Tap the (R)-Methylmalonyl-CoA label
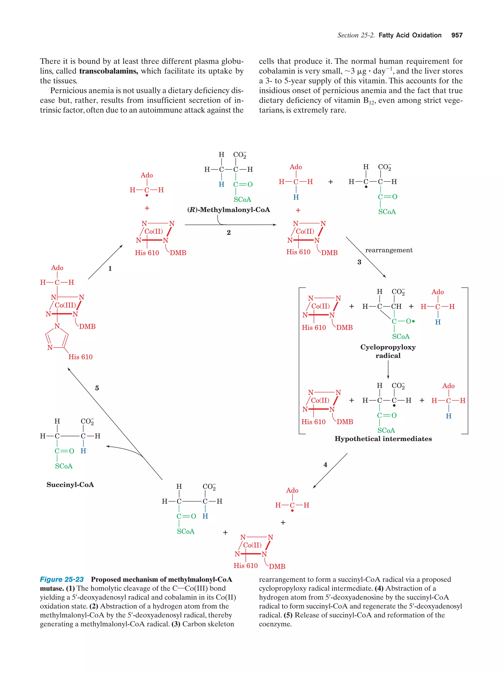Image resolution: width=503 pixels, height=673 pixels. pyautogui.click(x=228, y=210)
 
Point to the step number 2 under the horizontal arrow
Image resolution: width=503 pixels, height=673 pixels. pyautogui.click(x=228, y=233)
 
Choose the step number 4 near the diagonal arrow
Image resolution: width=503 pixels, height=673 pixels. pyautogui.click(x=325, y=465)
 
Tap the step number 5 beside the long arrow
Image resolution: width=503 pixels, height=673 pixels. pyautogui.click(x=97, y=388)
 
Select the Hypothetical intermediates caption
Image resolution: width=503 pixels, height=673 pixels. pyautogui.click(x=383, y=439)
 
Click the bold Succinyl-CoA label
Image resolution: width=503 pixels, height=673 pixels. pyautogui.click(x=70, y=484)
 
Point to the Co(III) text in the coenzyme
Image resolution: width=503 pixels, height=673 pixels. pyautogui.click(x=65, y=305)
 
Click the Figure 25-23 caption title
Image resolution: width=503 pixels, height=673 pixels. pyautogui.click(x=62, y=579)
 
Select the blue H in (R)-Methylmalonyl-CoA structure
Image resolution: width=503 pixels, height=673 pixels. pyautogui.click(x=221, y=184)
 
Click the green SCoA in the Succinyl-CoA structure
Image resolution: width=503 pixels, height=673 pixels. pyautogui.click(x=64, y=466)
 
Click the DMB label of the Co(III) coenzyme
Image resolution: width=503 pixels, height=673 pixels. pyautogui.click(x=87, y=327)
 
